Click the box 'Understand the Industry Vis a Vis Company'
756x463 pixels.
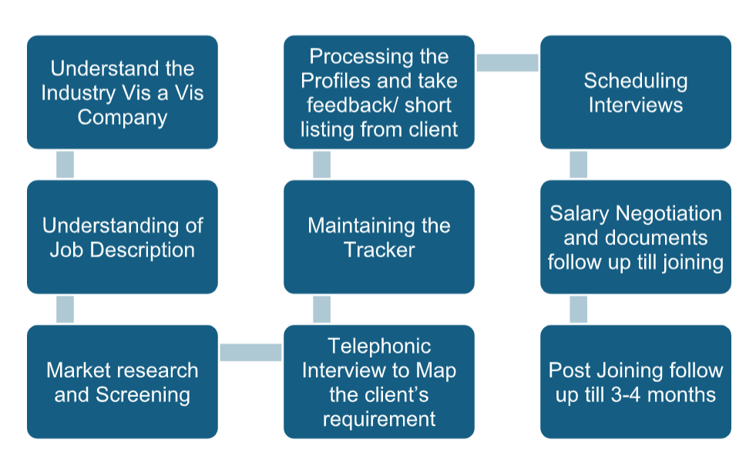(122, 92)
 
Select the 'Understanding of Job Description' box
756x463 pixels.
(122, 237)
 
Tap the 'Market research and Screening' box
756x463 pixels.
(122, 381)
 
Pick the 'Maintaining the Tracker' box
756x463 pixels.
(378, 237)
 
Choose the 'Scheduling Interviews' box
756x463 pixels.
(635, 92)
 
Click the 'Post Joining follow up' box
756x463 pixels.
(635, 381)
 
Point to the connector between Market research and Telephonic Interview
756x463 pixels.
(250, 352)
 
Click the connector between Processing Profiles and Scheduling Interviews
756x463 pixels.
(507, 62)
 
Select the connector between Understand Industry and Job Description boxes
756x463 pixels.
(66, 164)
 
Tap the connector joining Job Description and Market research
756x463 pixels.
(66, 309)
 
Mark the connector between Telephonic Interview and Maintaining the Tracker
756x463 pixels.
(322, 309)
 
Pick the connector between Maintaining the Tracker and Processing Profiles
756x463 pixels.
(322, 164)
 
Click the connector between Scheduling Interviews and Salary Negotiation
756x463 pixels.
(579, 164)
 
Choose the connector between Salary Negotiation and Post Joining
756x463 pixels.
(579, 309)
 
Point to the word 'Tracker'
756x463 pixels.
(379, 250)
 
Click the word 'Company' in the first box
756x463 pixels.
(122, 118)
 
